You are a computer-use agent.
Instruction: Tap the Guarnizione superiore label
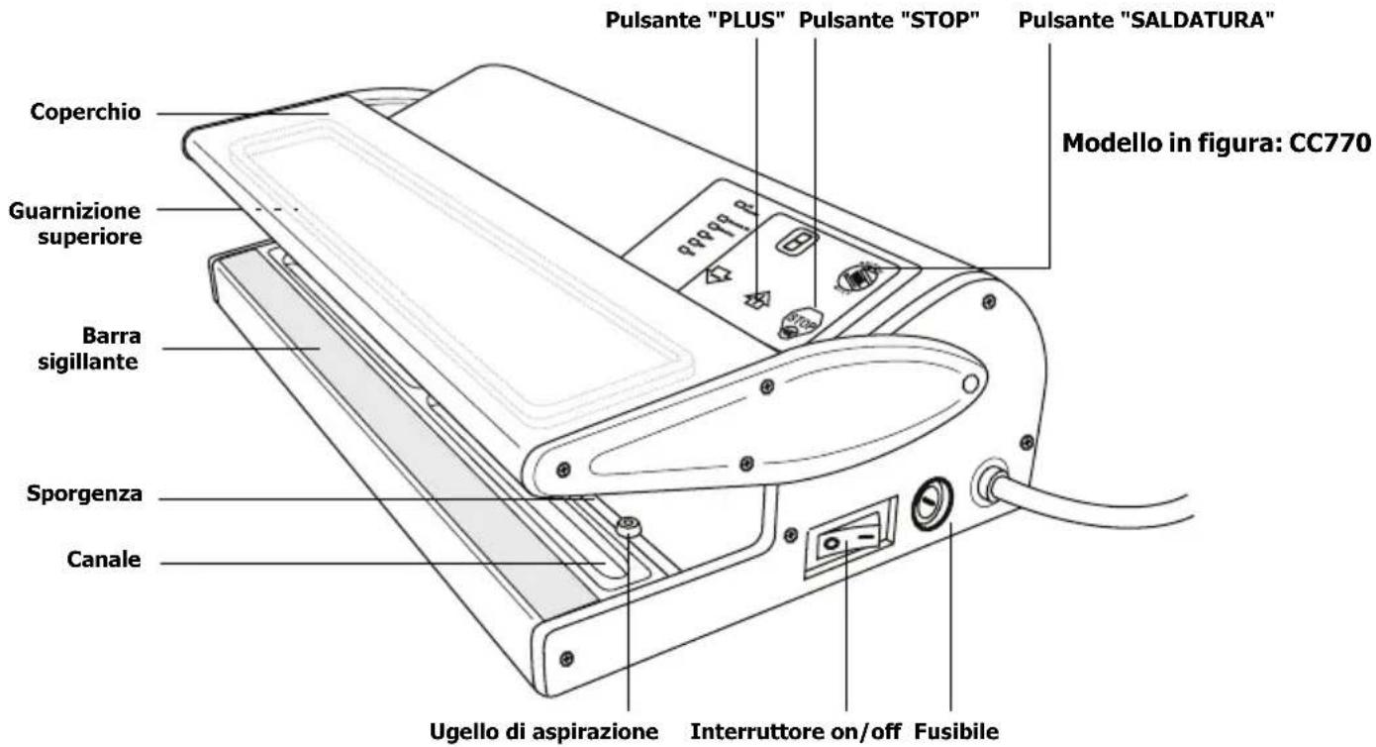[74, 223]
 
